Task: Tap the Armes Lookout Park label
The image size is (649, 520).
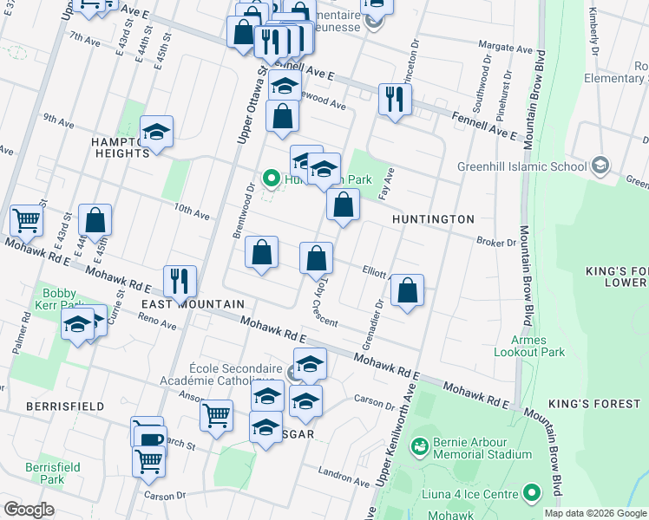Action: [x=541, y=346]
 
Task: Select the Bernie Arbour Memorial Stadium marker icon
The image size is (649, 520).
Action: [x=420, y=446]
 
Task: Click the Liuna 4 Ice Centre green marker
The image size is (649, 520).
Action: [x=530, y=494]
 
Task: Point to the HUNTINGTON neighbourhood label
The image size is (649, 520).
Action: [x=433, y=219]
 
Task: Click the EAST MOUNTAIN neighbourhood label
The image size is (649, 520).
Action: [x=193, y=304]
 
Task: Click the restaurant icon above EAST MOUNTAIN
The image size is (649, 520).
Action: [x=180, y=279]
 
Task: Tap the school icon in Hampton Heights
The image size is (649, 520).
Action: [x=157, y=132]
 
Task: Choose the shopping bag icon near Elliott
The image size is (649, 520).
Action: [x=407, y=290]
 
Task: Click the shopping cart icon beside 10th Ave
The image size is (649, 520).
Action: [x=27, y=221]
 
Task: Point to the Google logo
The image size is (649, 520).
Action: [x=29, y=509]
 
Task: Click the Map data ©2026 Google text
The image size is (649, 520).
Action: [x=595, y=513]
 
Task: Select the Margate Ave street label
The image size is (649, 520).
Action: [x=507, y=49]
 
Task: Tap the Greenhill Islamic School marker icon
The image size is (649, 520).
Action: [x=600, y=166]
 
